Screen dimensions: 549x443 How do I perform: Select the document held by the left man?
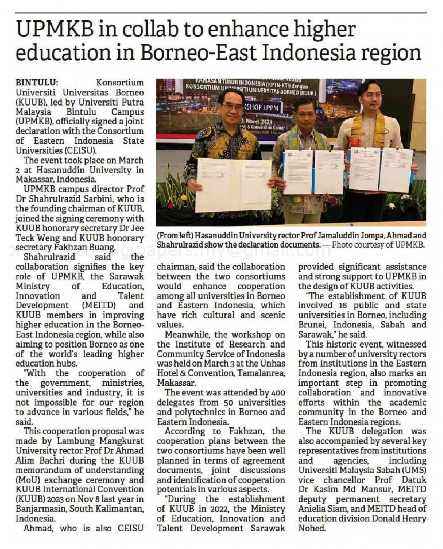(x=234, y=184)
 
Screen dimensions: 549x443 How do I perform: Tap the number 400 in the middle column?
(x=278, y=393)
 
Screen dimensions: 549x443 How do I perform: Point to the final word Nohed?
(x=312, y=528)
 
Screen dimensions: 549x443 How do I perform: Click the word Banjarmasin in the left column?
(x=38, y=509)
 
